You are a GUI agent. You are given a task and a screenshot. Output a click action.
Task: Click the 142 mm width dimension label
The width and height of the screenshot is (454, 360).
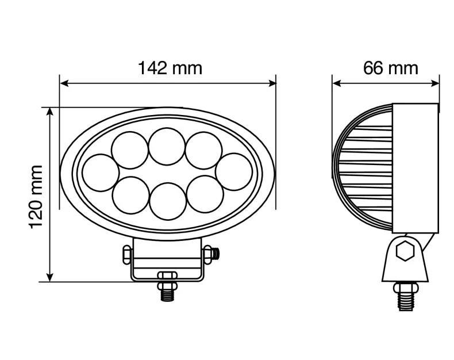click(170, 68)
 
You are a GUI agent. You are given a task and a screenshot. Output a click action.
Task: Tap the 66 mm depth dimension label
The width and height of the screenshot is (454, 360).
click(391, 68)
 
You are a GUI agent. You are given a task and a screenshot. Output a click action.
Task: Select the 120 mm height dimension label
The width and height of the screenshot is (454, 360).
click(36, 196)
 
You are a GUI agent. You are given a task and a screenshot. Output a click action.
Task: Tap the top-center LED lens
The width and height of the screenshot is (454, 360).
click(166, 146)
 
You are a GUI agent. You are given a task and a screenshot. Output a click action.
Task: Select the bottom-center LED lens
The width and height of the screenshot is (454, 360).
click(167, 200)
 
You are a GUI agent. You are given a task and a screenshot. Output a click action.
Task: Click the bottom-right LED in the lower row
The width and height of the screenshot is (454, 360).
click(205, 194)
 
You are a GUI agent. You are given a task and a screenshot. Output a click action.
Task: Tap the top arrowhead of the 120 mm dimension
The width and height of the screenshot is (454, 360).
click(51, 111)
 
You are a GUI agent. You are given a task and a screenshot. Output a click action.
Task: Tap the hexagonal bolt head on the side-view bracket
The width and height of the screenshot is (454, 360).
click(406, 252)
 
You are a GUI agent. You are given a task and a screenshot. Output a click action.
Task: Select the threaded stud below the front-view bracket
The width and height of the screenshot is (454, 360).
click(167, 292)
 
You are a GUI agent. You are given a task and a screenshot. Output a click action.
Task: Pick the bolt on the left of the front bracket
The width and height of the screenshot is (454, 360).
click(125, 254)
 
